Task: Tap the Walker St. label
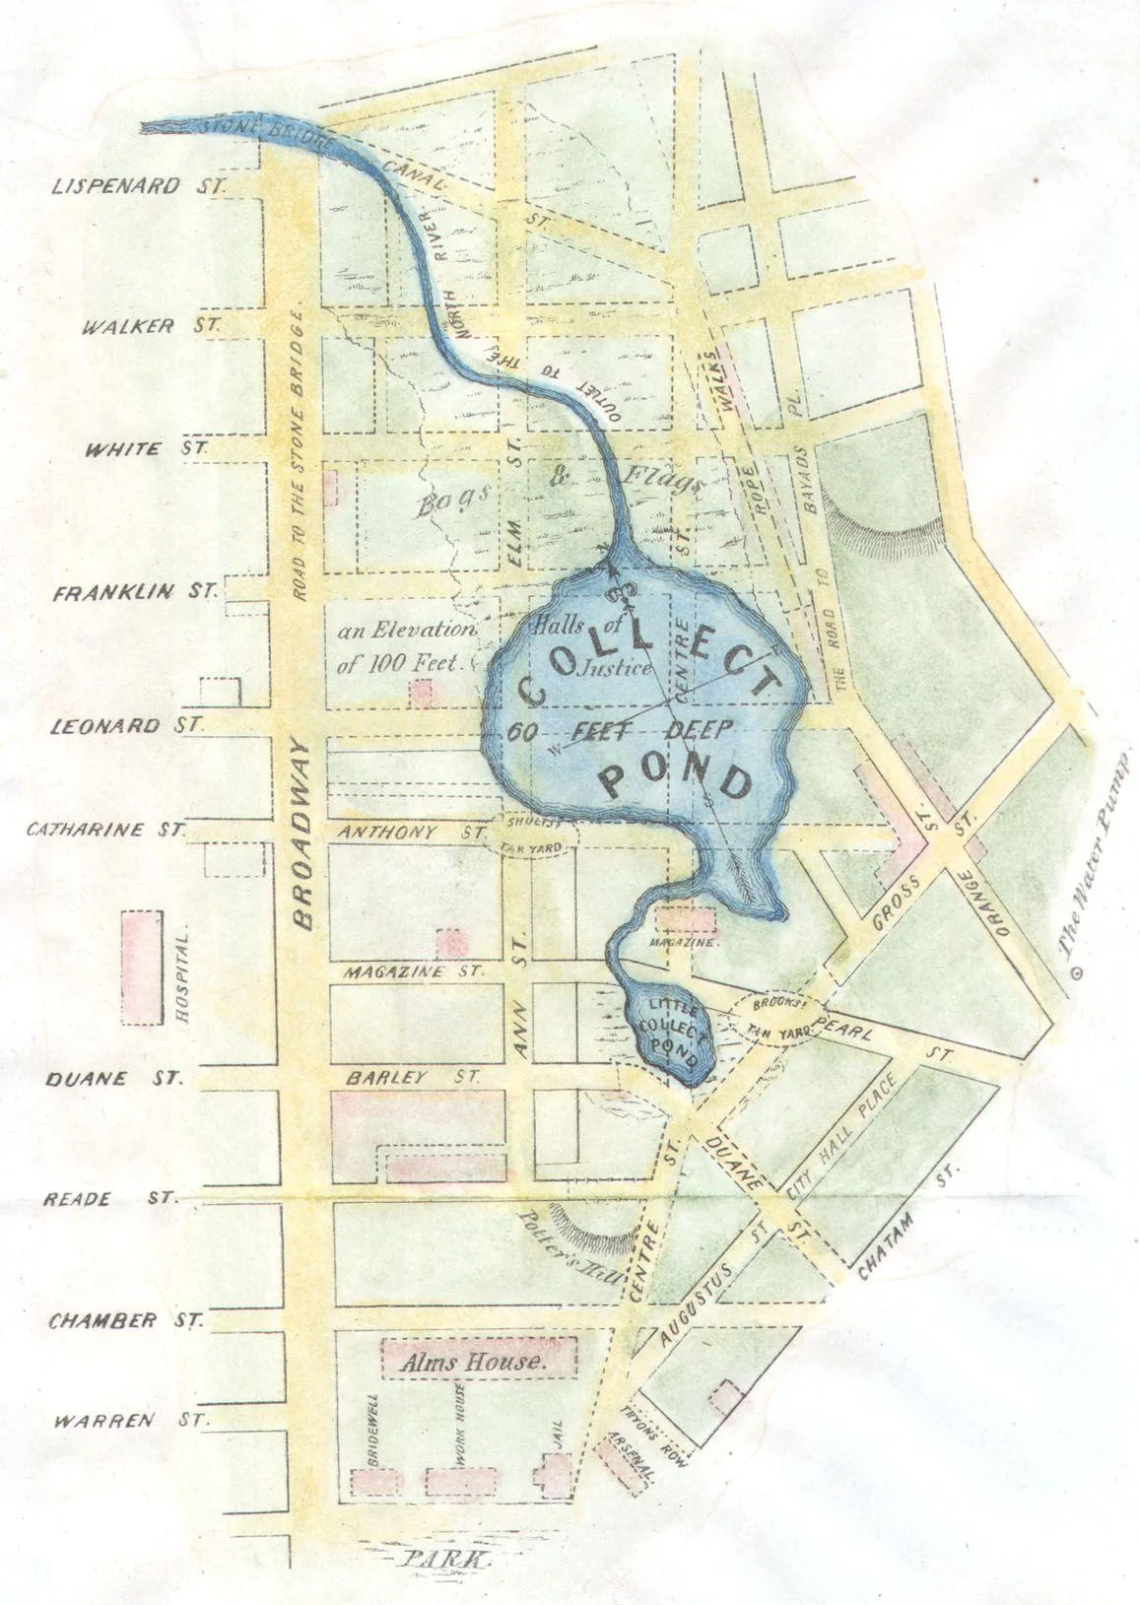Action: tap(149, 325)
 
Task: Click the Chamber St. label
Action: tap(127, 1319)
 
